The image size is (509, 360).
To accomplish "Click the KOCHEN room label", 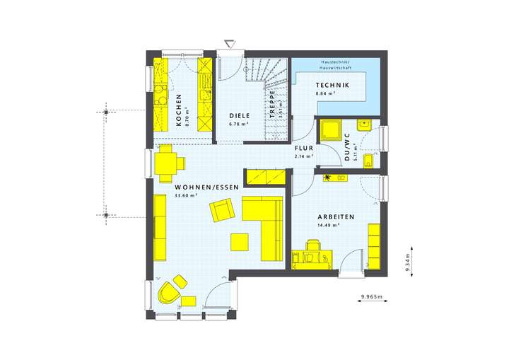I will (x=178, y=110).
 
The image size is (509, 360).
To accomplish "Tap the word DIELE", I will (x=239, y=115).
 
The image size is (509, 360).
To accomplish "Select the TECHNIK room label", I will (x=332, y=84).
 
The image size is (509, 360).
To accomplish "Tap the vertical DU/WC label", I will (x=346, y=148).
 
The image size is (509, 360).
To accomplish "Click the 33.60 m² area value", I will (x=185, y=196).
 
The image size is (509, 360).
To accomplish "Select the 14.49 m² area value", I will (x=328, y=225).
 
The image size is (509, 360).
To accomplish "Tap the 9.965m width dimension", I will (x=370, y=296).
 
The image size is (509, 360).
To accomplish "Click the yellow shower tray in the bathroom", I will (x=330, y=131).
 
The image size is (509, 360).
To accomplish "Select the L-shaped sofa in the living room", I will (x=265, y=220).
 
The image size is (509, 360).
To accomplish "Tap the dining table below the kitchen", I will (x=167, y=162).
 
